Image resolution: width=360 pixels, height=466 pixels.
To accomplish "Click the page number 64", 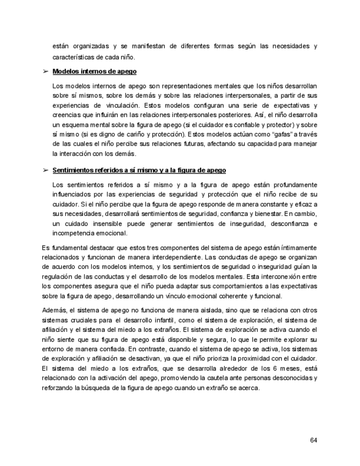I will [x=313, y=440].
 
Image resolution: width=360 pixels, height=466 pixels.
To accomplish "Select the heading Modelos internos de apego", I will [x=95, y=72].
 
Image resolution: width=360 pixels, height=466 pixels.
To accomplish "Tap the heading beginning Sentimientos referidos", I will [x=139, y=171].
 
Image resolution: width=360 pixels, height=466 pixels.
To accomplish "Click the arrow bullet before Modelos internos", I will [x=45, y=72].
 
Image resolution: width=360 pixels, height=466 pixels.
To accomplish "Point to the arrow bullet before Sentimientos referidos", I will [x=45, y=171].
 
